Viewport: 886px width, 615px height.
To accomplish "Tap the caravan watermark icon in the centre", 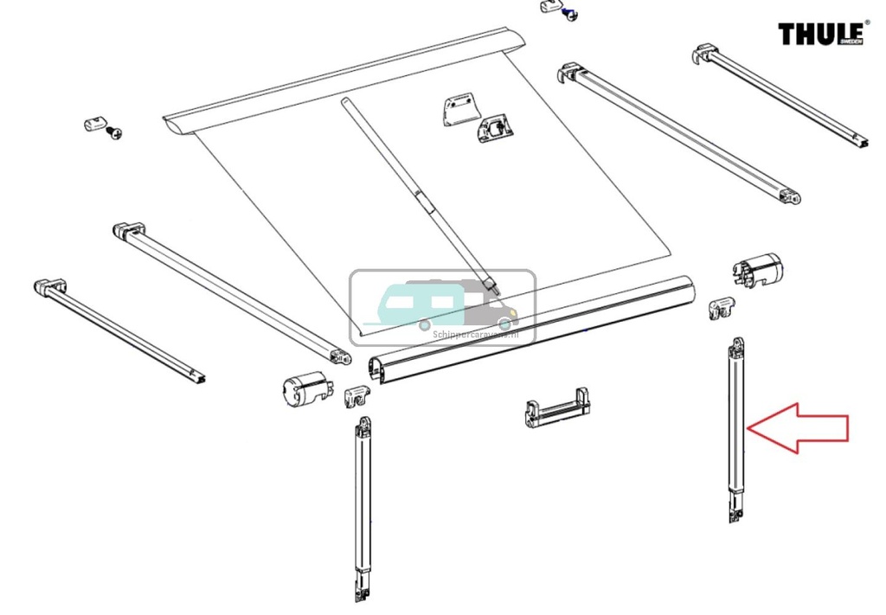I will [442, 306].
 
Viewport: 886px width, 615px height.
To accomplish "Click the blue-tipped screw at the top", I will [570, 14].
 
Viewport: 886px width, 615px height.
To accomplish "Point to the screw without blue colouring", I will [114, 133].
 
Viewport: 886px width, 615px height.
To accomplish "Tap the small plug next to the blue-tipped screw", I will [549, 7].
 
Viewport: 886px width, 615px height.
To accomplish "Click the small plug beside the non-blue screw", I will [93, 124].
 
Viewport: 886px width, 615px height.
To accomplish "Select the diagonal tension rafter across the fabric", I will [420, 196].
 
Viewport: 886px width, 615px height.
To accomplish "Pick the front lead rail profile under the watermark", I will [530, 330].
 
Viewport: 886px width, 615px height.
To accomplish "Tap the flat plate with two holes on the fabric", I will [460, 108].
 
